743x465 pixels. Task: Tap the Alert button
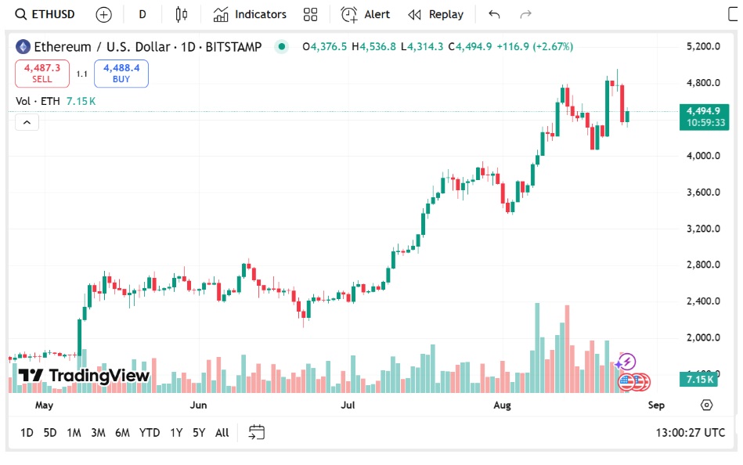tap(366, 14)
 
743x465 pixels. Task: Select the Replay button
tap(436, 14)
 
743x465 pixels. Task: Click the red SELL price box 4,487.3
tap(42, 74)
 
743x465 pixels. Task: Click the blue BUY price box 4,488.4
tap(121, 74)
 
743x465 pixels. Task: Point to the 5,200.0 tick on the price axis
tap(702, 46)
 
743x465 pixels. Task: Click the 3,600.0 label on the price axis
tap(702, 192)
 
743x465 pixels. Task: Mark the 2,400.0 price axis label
tap(702, 301)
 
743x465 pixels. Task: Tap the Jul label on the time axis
tap(348, 405)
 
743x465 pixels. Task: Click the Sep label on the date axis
tap(656, 405)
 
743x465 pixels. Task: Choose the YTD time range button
tap(149, 432)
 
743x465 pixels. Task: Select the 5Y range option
tap(199, 432)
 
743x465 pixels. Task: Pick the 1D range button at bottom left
tap(27, 432)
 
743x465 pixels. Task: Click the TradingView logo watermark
tap(84, 376)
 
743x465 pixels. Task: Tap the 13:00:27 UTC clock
tap(690, 432)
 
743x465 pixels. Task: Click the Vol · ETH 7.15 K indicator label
tap(56, 101)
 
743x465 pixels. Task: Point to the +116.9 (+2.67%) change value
tap(535, 46)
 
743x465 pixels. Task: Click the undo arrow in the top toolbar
tap(493, 14)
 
